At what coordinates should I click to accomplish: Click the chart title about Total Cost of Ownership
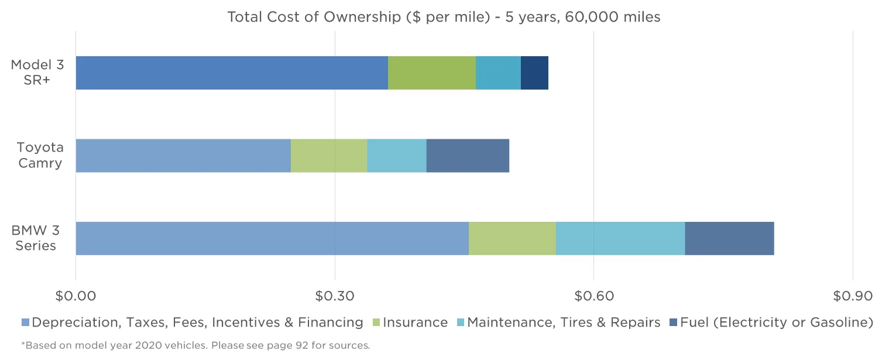point(444,17)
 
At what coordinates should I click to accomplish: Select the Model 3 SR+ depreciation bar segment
point(232,73)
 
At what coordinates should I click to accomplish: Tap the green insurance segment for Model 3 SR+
point(432,73)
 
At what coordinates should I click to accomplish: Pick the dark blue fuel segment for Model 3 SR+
point(534,73)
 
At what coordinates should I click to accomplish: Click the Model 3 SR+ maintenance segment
point(498,73)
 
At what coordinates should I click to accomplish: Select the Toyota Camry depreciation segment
point(183,156)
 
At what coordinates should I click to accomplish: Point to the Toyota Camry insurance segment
point(329,156)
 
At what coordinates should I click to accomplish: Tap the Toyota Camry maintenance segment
point(397,156)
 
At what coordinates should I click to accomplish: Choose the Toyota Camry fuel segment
point(468,156)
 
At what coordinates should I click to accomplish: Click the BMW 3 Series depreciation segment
point(272,238)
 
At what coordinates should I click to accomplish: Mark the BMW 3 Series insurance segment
point(512,238)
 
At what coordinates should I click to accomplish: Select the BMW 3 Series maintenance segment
point(620,238)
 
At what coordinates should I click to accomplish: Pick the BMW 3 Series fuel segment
point(729,238)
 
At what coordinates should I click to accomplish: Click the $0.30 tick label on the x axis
point(335,296)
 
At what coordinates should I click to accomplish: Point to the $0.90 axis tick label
point(853,296)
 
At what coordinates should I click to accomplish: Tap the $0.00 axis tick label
point(75,296)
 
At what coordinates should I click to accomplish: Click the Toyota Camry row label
point(40,155)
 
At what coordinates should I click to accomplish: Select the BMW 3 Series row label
point(36,238)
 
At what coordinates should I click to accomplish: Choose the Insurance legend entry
point(410,323)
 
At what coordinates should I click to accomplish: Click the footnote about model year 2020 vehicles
point(195,345)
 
